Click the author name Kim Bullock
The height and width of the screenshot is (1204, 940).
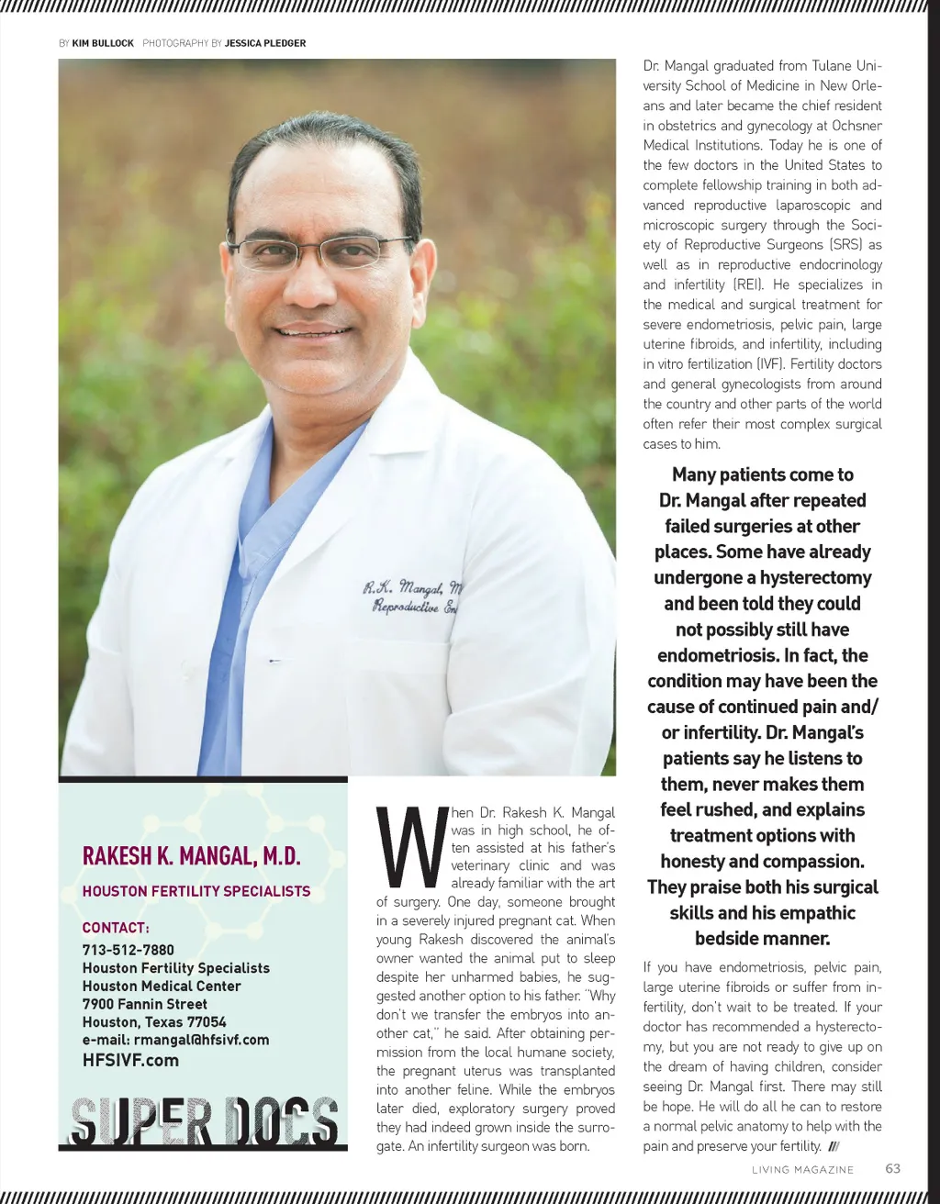click(x=103, y=43)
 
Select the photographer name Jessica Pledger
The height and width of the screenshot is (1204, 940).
click(x=265, y=43)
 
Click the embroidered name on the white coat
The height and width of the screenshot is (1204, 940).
click(x=413, y=596)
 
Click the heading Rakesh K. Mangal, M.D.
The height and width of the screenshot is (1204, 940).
click(x=192, y=856)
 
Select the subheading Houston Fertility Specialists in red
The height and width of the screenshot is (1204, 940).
click(x=196, y=891)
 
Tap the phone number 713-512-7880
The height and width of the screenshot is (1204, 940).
click(x=129, y=950)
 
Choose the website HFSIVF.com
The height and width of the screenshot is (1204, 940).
click(x=130, y=1061)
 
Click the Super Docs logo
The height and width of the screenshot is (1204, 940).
click(x=204, y=1121)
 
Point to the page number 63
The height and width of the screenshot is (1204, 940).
click(x=892, y=1168)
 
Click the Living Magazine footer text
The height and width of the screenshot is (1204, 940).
click(x=802, y=1170)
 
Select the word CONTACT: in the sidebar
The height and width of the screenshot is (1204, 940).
click(x=116, y=928)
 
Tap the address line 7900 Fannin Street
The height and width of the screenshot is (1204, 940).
click(x=145, y=1004)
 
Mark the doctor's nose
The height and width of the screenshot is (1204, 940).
click(x=310, y=284)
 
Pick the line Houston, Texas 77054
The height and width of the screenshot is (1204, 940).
click(x=154, y=1022)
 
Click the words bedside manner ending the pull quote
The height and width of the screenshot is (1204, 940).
click(x=762, y=939)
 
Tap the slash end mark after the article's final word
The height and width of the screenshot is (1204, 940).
click(x=834, y=1146)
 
